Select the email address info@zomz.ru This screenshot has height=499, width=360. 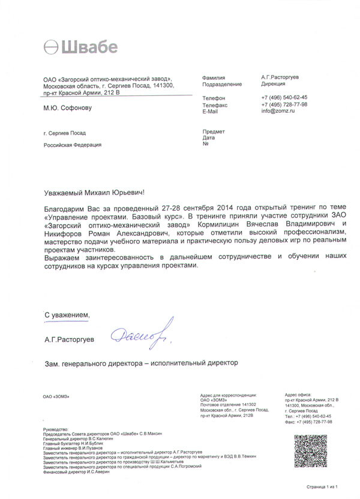click(x=278, y=111)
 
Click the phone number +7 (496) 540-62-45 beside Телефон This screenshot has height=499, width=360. click(x=284, y=97)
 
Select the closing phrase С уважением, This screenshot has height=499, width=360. click(x=68, y=315)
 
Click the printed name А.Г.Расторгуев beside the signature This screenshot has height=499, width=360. click(x=69, y=339)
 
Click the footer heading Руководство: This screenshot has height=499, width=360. click(x=58, y=429)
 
